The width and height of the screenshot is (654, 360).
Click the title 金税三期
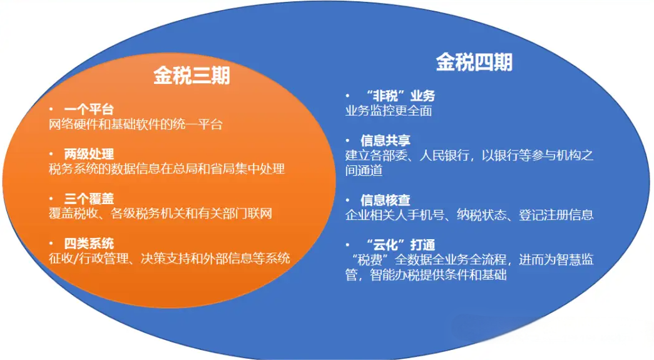pyautogui.click(x=192, y=76)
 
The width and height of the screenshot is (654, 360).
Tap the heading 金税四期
pyautogui.click(x=474, y=63)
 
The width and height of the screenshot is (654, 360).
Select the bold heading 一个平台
pyautogui.click(x=89, y=110)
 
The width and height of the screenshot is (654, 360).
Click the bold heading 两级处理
pyautogui.click(x=89, y=154)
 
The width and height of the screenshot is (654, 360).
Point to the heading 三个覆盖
pyautogui.click(x=89, y=198)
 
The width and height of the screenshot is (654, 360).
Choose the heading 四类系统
pyautogui.click(x=89, y=243)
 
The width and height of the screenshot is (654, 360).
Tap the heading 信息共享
pyautogui.click(x=386, y=141)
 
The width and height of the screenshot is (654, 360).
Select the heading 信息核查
pyautogui.click(x=386, y=200)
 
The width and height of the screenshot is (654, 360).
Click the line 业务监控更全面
pyautogui.click(x=388, y=111)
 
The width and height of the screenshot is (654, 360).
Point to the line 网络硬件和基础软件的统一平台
pyautogui.click(x=136, y=125)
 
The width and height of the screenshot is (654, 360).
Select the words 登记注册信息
pyautogui.click(x=556, y=215)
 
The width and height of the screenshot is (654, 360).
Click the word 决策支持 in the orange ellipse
pyautogui.click(x=166, y=258)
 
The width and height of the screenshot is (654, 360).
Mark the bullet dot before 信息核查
pyautogui.click(x=347, y=200)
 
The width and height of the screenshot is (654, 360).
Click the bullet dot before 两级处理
pyautogui.click(x=51, y=154)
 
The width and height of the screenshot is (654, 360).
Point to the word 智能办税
pyautogui.click(x=394, y=275)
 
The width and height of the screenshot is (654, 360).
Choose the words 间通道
pyautogui.click(x=364, y=171)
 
